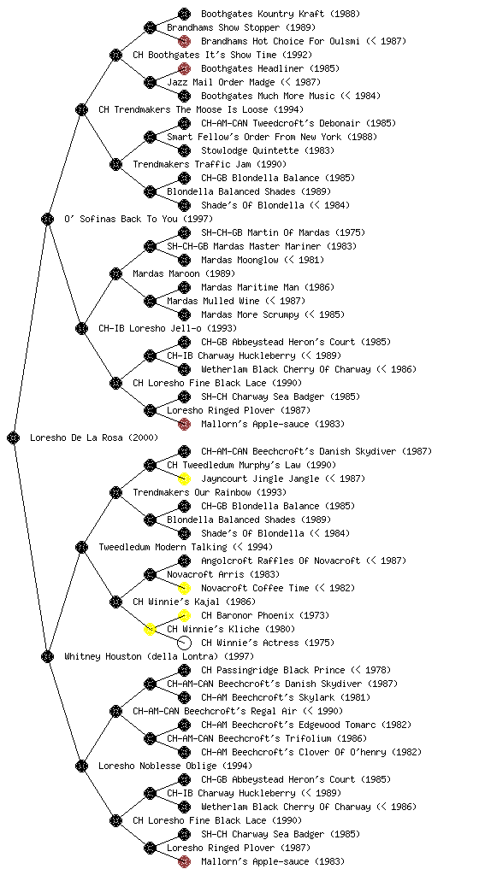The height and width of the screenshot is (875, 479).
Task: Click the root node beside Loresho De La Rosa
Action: click(x=14, y=437)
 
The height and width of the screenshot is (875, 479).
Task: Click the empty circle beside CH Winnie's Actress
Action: click(x=184, y=643)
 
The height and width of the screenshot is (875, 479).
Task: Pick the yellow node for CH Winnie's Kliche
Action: click(x=150, y=629)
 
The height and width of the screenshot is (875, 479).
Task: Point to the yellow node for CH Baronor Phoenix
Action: click(x=184, y=615)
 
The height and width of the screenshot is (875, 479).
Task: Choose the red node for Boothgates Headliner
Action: click(x=184, y=68)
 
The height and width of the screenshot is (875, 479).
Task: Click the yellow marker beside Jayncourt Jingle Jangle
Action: click(x=184, y=479)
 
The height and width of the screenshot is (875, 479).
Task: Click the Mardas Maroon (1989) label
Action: click(x=184, y=273)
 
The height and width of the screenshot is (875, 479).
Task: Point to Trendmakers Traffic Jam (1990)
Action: click(x=210, y=164)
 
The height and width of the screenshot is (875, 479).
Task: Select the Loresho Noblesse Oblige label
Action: click(x=175, y=766)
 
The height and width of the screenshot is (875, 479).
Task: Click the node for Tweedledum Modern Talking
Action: click(x=81, y=547)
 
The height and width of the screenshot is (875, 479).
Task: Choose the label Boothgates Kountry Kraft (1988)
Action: click(x=281, y=14)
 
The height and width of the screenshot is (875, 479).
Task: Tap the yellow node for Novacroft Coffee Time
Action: click(x=184, y=588)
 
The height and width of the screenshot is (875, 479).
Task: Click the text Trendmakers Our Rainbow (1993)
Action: click(x=210, y=492)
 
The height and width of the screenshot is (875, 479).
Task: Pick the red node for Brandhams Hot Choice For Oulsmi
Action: click(x=184, y=41)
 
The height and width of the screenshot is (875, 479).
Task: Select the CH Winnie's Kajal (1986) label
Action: click(x=194, y=602)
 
